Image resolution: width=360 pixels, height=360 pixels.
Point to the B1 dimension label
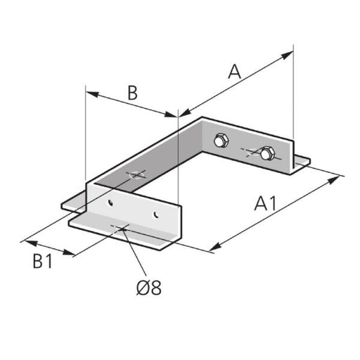42,262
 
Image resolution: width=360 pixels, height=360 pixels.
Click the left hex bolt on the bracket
220,141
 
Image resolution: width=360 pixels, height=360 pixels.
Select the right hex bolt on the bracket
266,152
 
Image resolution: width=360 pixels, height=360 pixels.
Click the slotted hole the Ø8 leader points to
121,227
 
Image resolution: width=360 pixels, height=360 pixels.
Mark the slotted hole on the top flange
135,174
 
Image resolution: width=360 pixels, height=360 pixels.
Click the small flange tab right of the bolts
301,163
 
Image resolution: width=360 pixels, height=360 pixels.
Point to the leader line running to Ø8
134,253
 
